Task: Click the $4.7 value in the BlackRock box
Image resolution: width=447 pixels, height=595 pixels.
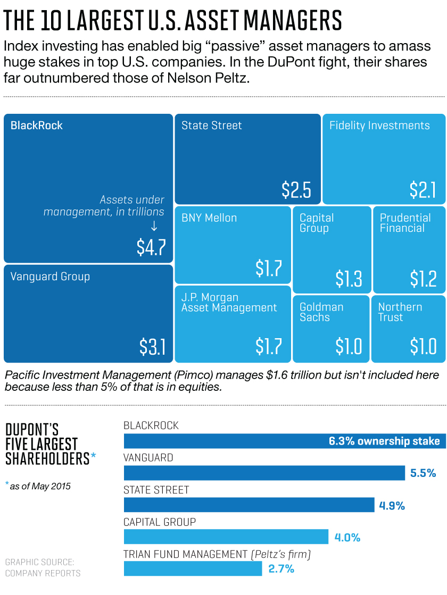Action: click(151, 247)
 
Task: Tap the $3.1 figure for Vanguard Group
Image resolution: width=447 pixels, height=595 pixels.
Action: click(153, 347)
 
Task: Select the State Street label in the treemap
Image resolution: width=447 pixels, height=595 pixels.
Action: click(212, 125)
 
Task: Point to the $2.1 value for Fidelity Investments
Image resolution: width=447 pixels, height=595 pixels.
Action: click(423, 190)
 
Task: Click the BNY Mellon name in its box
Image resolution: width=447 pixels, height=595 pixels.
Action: click(209, 217)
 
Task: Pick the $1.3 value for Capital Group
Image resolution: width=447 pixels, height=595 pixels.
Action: click(349, 278)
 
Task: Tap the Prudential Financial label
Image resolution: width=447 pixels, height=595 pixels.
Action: click(405, 223)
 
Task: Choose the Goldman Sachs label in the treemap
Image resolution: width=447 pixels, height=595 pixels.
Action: click(321, 312)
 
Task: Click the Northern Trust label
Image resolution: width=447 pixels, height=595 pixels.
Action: click(400, 312)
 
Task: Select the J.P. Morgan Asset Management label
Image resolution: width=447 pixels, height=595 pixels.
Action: click(229, 303)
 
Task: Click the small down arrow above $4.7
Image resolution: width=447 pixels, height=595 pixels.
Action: click(154, 227)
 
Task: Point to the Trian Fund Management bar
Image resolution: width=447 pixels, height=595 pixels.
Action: click(193, 568)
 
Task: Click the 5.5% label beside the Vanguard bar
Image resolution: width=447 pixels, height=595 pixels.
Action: click(423, 473)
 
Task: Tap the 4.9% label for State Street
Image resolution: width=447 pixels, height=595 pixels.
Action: click(392, 505)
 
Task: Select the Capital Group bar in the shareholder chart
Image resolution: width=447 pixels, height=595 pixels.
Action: click(226, 537)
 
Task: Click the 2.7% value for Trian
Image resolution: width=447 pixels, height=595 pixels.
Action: click(281, 568)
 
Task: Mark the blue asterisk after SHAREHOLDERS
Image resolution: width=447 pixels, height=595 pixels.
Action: click(94, 455)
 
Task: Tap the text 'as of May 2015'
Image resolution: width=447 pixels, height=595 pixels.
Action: click(42, 486)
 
